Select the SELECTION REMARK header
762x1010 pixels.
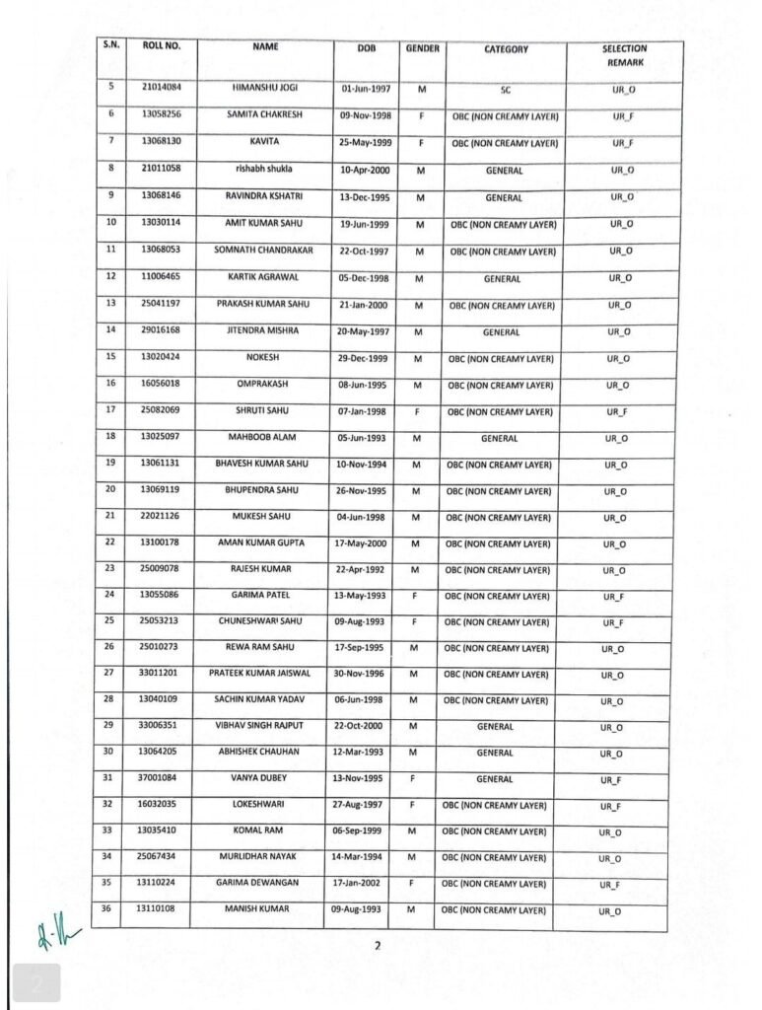tap(624, 54)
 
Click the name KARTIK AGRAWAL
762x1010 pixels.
tap(262, 277)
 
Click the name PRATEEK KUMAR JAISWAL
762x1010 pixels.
tap(259, 674)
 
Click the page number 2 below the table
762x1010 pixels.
tap(377, 947)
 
